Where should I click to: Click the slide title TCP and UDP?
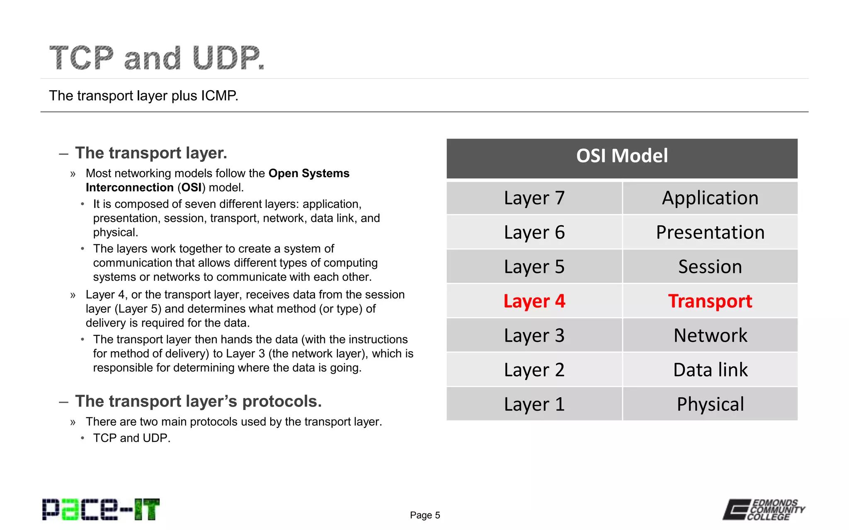pos(157,58)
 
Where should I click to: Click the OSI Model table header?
pos(622,157)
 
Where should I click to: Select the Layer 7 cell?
pos(534,198)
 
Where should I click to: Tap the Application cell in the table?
pos(710,198)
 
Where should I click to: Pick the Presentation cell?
pos(710,232)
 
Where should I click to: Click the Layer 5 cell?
pos(534,267)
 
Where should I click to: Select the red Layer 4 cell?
pos(534,301)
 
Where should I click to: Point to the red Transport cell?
pos(710,301)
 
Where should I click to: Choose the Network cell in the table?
pos(710,335)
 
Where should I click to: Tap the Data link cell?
pos(710,370)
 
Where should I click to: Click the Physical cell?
pos(710,404)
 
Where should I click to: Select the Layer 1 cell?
pos(534,404)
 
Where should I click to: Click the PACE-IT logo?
pos(101,509)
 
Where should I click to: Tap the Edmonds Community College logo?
pos(764,509)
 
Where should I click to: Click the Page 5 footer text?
pos(424,515)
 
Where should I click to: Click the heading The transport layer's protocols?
pos(198,401)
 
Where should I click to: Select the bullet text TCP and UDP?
pos(131,438)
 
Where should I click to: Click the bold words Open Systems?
pos(309,173)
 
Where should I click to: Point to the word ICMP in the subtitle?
pos(219,96)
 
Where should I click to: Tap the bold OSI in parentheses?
pos(191,188)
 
